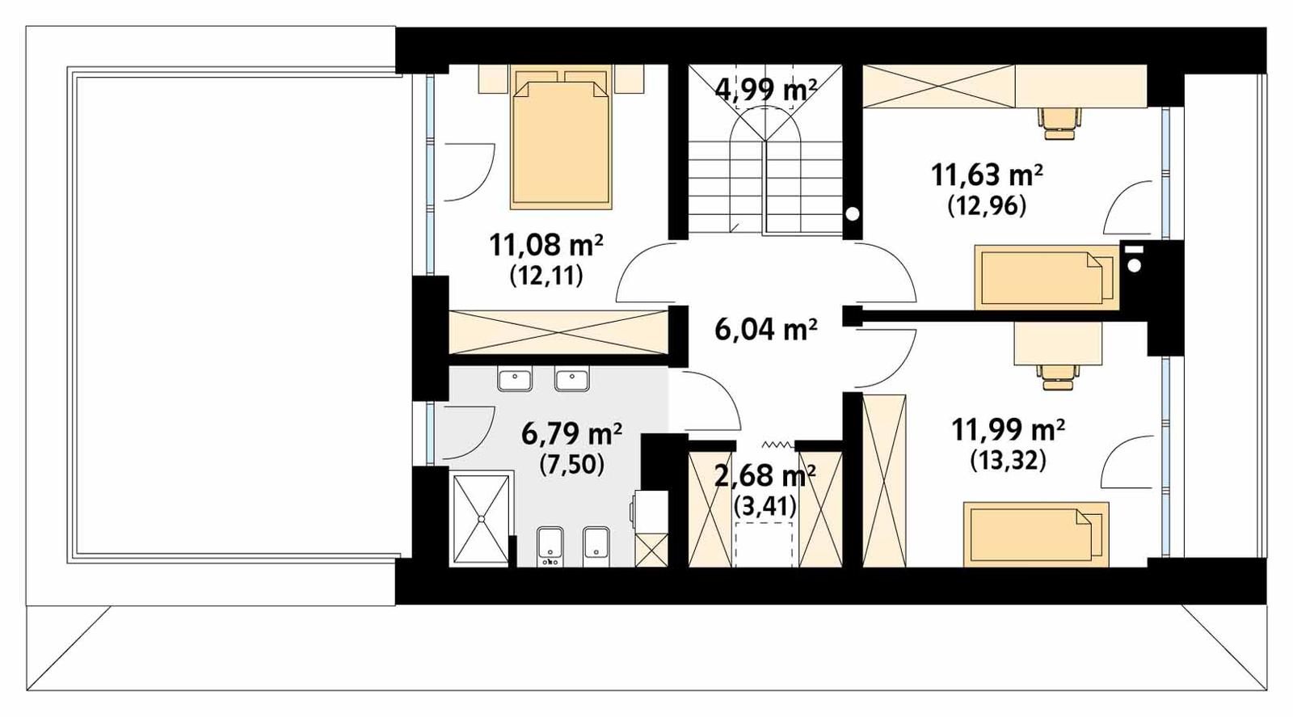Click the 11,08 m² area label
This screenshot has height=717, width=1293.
545,244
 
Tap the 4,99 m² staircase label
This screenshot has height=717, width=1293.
765,88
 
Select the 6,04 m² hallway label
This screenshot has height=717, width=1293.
765,329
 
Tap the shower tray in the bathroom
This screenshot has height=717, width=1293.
482,519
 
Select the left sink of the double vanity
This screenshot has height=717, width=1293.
514,378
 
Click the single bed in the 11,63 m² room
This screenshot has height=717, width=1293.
1047,277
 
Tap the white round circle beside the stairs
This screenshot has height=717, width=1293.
852,213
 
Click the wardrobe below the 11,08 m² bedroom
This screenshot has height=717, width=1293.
558,331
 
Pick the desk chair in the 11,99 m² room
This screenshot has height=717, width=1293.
1059,374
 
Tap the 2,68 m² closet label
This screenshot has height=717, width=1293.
764,475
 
